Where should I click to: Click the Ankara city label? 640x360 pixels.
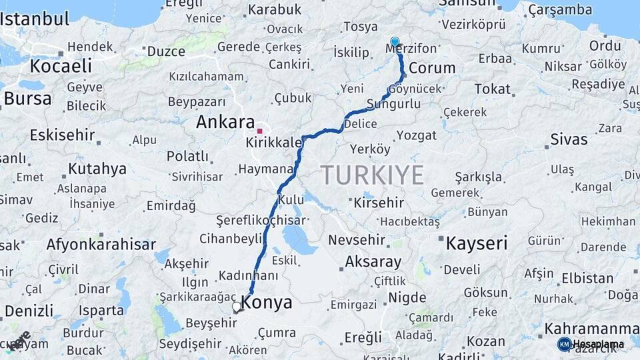tap(225, 123)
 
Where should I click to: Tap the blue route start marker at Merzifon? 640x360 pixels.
tap(395, 42)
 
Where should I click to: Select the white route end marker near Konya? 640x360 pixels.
tap(236, 307)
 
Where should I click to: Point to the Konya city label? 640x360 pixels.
tap(267, 303)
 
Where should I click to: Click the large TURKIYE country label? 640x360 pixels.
tap(373, 175)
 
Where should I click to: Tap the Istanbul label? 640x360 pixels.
tap(35, 19)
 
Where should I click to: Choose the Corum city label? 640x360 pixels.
tap(431, 68)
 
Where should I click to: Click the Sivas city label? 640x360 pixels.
tap(569, 139)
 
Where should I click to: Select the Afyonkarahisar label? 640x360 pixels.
tap(101, 245)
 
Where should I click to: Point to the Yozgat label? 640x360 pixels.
tap(416, 135)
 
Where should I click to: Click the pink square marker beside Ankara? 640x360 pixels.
tap(259, 131)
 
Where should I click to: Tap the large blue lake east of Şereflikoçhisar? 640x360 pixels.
tap(299, 240)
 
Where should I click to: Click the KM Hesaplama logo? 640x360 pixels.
tap(591, 344)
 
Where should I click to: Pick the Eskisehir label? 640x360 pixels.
tap(62, 135)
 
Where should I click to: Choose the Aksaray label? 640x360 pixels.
tap(373, 262)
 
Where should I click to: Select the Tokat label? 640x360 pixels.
tap(492, 89)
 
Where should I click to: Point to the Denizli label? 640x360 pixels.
tap(29, 311)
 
